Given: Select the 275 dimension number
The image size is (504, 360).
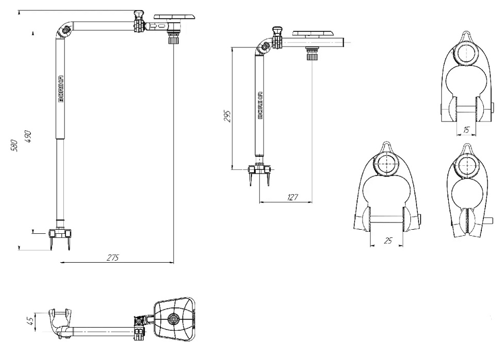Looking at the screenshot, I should pos(113,258).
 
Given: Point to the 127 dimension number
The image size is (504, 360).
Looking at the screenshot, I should pos(293,197).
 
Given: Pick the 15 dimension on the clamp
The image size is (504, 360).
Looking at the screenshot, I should pos(466,130).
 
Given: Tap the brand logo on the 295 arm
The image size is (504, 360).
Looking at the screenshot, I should pos(261,105).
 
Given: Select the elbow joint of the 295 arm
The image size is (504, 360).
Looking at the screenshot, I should pos(265,48).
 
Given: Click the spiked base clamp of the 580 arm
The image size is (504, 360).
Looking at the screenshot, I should pos(60,236).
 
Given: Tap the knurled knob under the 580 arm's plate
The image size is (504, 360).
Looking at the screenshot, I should pos(173,38).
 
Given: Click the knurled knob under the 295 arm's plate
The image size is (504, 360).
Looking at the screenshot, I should pos(311,54).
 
